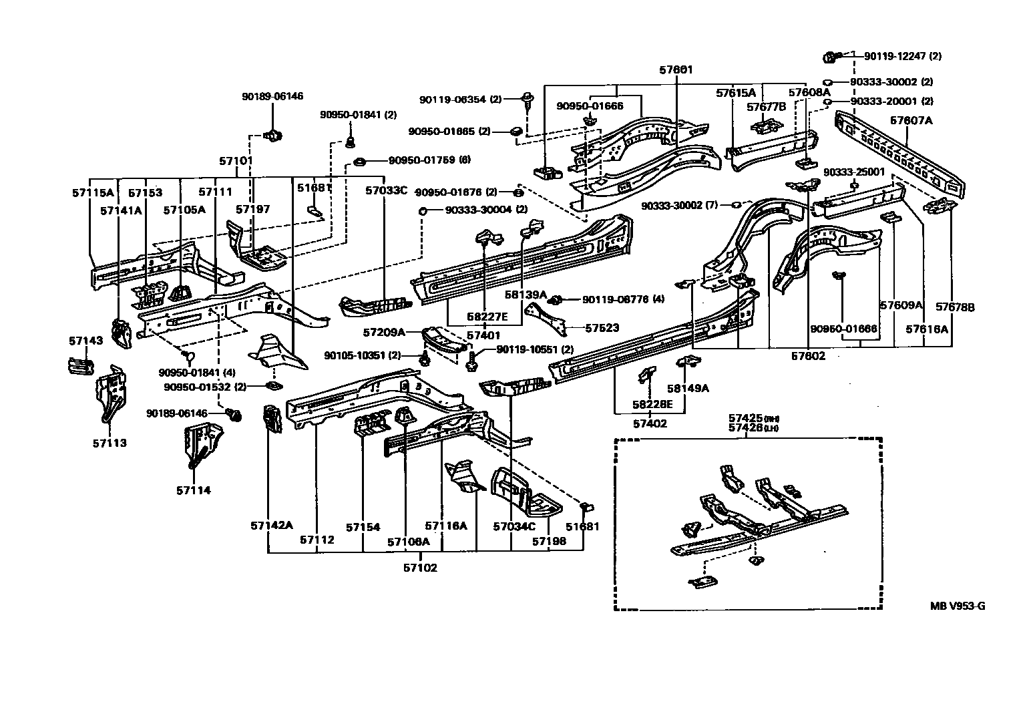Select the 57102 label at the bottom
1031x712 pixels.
point(420,568)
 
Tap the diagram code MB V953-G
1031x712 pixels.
point(958,606)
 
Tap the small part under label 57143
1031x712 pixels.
point(79,365)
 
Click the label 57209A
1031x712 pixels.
point(384,331)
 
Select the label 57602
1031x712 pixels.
point(808,356)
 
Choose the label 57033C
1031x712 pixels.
point(385,190)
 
